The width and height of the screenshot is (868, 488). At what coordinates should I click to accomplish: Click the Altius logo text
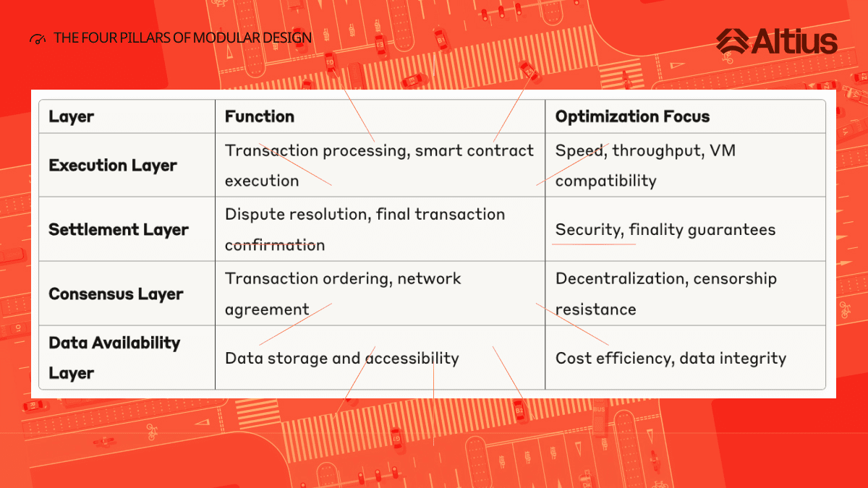(x=794, y=41)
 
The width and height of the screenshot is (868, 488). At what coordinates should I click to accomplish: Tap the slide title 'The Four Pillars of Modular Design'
(x=182, y=38)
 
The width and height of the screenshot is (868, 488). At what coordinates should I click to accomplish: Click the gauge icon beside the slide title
(x=38, y=39)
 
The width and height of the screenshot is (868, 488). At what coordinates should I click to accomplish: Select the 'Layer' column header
(x=72, y=116)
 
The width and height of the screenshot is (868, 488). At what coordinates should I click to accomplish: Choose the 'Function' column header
(x=260, y=116)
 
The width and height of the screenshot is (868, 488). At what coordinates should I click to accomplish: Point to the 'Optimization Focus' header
(x=632, y=116)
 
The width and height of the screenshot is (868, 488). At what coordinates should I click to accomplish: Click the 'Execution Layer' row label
(x=113, y=166)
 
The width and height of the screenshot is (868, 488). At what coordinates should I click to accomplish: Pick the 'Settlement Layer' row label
(x=119, y=230)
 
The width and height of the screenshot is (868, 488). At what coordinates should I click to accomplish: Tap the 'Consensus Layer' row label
(x=116, y=294)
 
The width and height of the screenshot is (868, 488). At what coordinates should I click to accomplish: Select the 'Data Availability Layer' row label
(x=114, y=358)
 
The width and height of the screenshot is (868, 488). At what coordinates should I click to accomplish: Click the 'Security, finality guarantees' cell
(x=665, y=230)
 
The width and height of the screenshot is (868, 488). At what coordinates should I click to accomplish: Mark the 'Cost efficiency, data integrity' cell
(x=671, y=359)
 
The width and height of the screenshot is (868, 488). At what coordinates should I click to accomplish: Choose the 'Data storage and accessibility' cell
(x=341, y=359)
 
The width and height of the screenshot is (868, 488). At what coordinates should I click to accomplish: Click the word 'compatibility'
(x=606, y=181)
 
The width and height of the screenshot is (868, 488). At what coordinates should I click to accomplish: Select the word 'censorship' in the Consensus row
(x=735, y=278)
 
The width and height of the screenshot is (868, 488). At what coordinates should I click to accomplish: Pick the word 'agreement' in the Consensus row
(x=267, y=309)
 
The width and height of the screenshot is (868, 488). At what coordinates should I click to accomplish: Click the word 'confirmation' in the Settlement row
(x=275, y=245)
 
